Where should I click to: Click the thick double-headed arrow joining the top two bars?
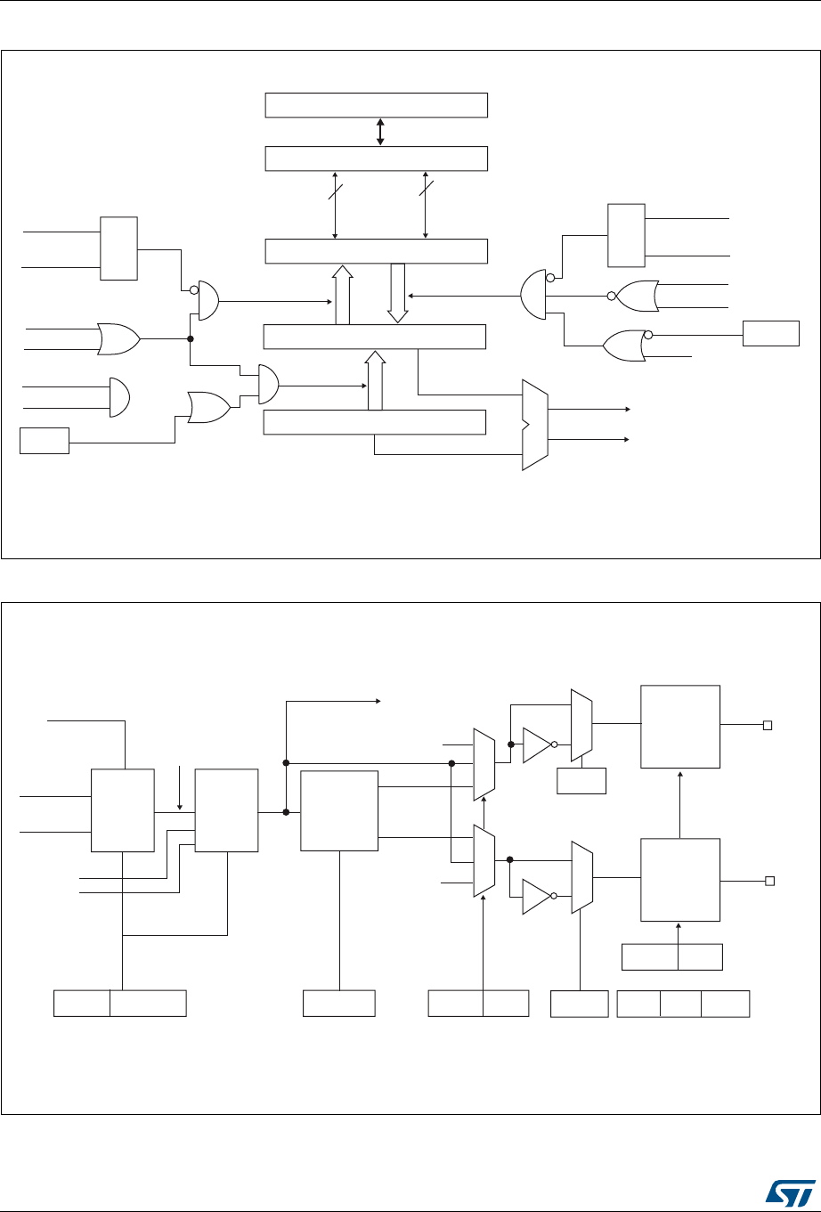point(380,131)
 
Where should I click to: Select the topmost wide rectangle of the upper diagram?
point(377,104)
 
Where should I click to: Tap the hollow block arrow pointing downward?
point(397,292)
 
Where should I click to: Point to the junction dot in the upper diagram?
point(190,338)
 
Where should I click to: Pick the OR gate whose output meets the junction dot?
point(119,338)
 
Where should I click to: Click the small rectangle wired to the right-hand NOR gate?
point(771,334)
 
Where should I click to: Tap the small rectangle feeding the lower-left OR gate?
point(45,440)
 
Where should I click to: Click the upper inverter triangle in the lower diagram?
point(537,744)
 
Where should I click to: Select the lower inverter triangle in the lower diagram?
point(537,897)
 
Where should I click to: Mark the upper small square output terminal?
point(766,725)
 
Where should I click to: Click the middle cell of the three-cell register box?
point(680,1003)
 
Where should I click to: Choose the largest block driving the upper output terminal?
point(680,726)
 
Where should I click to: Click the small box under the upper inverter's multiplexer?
point(581,781)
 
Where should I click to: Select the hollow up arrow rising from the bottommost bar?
point(374,380)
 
